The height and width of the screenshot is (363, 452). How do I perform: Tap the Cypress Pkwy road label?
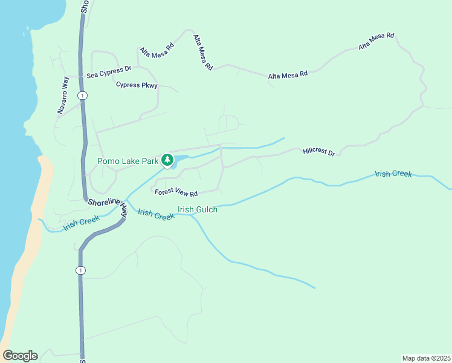(x=137, y=85)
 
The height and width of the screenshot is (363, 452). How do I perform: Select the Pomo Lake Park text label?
(x=128, y=161)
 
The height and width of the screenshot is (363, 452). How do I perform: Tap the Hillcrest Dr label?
(x=318, y=151)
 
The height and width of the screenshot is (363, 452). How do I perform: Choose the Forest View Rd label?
(x=176, y=193)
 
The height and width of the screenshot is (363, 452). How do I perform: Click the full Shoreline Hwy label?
(x=108, y=206)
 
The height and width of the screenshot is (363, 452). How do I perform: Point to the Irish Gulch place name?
(x=197, y=209)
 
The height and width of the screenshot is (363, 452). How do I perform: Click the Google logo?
(x=20, y=356)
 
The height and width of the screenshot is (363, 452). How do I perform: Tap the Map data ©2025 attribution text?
(x=426, y=358)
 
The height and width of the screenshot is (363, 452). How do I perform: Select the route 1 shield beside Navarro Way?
(x=82, y=96)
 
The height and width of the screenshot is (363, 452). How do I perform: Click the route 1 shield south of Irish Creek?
(x=80, y=270)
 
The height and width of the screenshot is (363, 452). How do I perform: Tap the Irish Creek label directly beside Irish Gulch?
(x=156, y=214)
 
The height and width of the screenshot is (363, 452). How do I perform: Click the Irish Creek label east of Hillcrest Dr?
(x=393, y=174)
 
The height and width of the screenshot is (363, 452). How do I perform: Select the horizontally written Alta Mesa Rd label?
(x=288, y=74)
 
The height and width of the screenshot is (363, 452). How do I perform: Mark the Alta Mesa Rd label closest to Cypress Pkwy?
(x=157, y=48)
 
